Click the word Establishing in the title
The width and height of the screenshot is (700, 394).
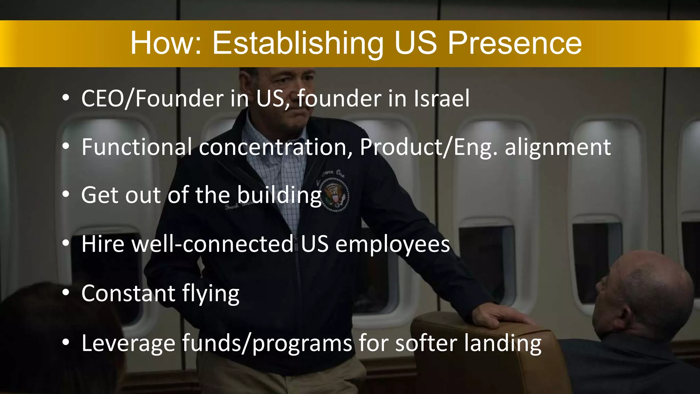297,44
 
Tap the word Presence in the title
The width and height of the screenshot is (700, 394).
514,44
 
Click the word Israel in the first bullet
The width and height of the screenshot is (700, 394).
442,98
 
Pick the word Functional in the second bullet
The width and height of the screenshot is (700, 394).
136,147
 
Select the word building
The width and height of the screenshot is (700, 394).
279,196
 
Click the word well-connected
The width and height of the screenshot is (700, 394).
213,244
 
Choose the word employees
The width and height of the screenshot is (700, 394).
393,245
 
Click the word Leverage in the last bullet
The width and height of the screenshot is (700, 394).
128,343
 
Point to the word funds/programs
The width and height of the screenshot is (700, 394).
267,343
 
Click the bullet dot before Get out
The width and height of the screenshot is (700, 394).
66,195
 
